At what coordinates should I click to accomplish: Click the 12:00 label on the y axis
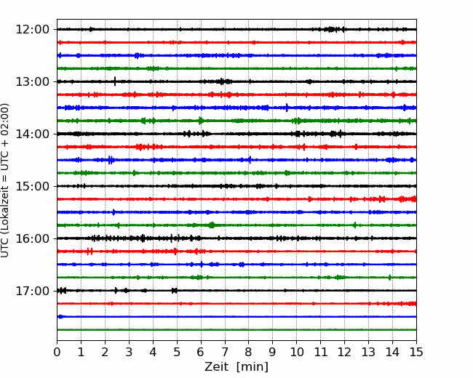tap(32, 30)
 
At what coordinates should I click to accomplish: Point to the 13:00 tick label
tap(32, 81)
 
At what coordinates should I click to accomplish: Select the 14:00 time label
tap(32, 134)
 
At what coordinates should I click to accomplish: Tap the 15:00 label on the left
tap(32, 186)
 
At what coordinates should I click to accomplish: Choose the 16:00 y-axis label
tap(32, 238)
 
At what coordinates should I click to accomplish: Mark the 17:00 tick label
tap(32, 291)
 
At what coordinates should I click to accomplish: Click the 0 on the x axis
tap(57, 352)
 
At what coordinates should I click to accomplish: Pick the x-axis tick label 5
tap(177, 352)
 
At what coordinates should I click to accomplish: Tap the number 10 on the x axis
tap(296, 352)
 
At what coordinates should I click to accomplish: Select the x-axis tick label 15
tap(416, 352)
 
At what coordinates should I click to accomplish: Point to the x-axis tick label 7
tap(225, 352)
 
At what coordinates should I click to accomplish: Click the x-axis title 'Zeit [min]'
tap(236, 367)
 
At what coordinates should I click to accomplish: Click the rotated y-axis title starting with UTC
tap(4, 180)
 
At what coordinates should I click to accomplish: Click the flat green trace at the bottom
tap(236, 330)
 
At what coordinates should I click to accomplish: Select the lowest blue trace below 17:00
tap(236, 316)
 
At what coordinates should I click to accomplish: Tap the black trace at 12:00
tap(236, 29)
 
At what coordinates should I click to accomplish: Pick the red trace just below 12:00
tap(236, 42)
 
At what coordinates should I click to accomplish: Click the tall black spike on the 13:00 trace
tap(115, 81)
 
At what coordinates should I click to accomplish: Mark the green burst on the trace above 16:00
tap(212, 225)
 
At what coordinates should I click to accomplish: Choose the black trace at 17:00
tap(236, 291)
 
